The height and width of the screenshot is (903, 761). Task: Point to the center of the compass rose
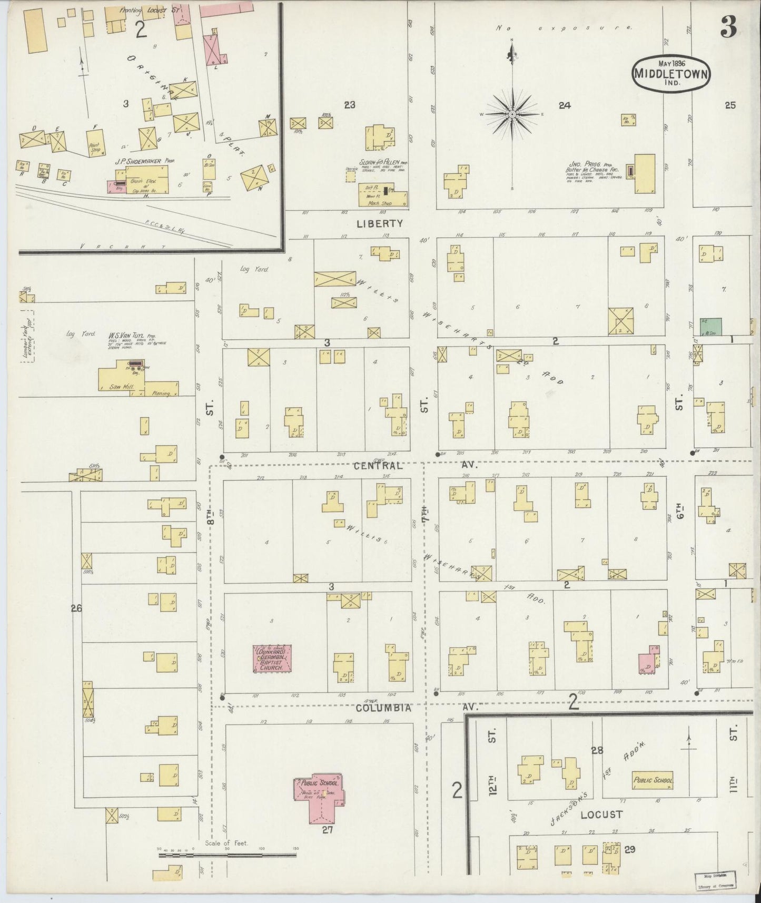(x=512, y=114)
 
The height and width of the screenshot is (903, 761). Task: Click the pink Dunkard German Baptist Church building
(x=273, y=658)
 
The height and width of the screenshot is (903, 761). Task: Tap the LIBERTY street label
(x=380, y=223)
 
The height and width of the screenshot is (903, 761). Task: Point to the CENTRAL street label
(x=378, y=466)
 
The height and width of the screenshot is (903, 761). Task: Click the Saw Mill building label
(x=121, y=387)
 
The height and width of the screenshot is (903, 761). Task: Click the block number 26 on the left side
(x=76, y=608)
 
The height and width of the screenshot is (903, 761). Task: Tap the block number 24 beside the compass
(x=565, y=105)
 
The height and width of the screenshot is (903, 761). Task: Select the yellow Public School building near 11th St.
(x=653, y=781)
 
